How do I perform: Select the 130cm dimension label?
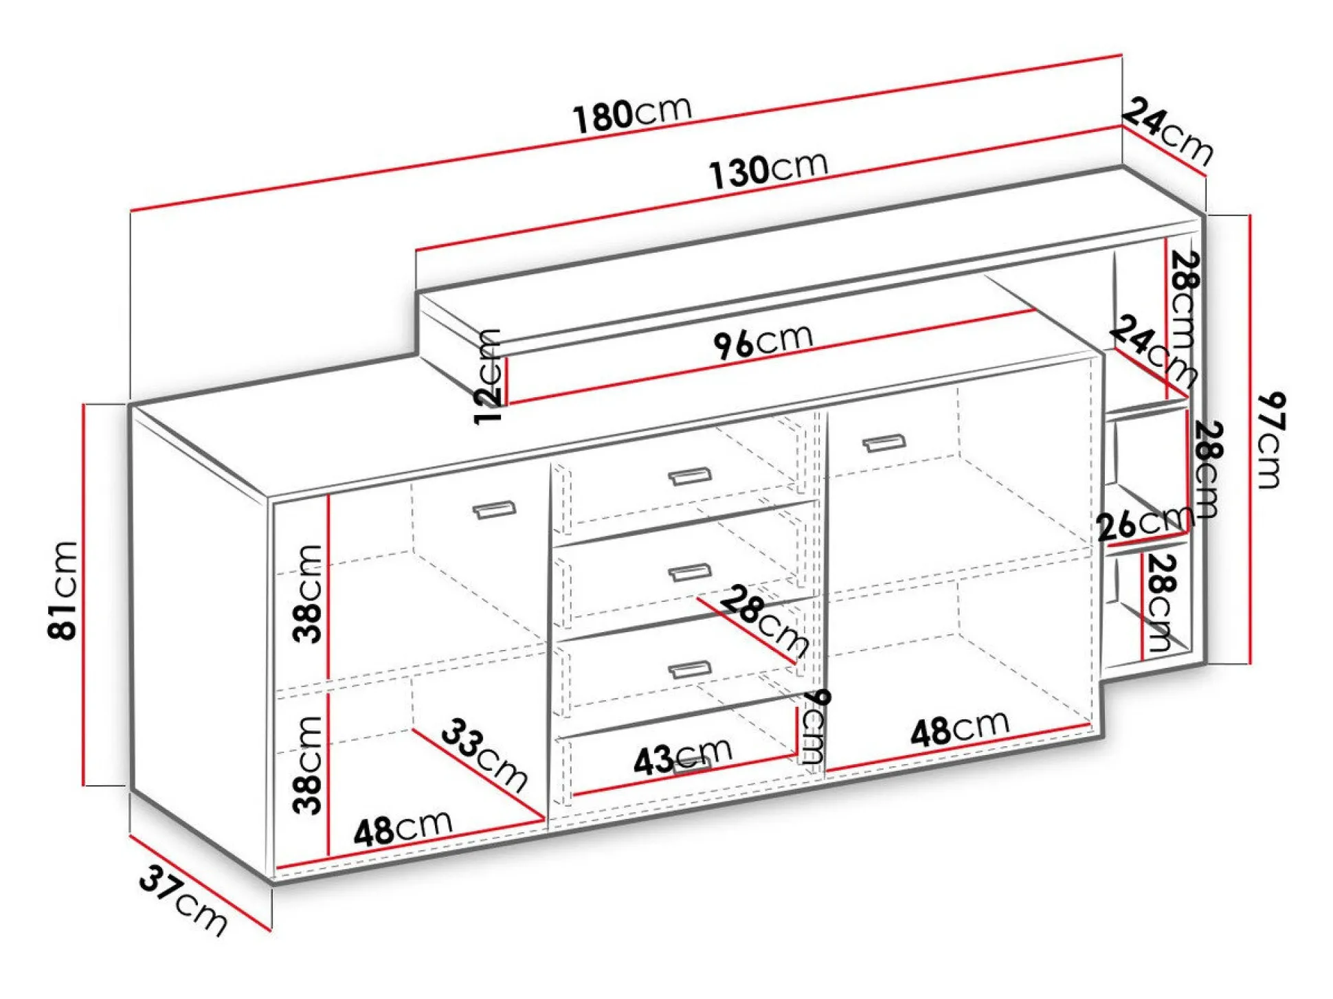(768, 169)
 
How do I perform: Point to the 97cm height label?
(1270, 440)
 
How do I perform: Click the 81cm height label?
(63, 590)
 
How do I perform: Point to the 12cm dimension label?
(489, 377)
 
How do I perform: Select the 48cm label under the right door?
(960, 729)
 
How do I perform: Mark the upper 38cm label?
(307, 594)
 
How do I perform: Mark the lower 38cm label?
(307, 765)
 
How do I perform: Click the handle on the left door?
(494, 509)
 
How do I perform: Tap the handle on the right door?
(884, 443)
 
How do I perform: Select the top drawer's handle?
(689, 475)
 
